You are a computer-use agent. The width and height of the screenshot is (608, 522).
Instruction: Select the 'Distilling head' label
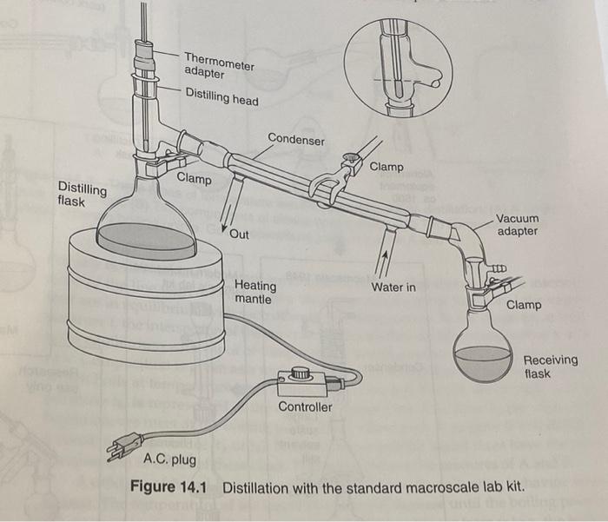tap(221, 99)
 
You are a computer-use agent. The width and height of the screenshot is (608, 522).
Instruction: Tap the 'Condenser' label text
tap(296, 139)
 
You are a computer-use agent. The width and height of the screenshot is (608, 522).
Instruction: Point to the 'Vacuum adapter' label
tap(518, 225)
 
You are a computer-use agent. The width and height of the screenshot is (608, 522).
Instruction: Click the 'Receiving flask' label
tap(550, 367)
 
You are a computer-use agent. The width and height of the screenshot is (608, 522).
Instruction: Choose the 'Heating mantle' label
tap(255, 292)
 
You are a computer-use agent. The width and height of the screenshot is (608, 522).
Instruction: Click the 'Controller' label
tap(305, 406)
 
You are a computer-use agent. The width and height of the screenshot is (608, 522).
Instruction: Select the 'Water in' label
tap(393, 287)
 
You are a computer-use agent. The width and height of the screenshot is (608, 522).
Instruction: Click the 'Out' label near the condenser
tap(240, 235)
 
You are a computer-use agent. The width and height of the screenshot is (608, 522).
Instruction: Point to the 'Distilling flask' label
tap(83, 195)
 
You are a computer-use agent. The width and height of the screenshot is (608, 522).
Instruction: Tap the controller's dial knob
tap(301, 373)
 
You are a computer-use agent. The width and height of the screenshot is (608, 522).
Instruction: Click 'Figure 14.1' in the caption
tap(169, 486)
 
